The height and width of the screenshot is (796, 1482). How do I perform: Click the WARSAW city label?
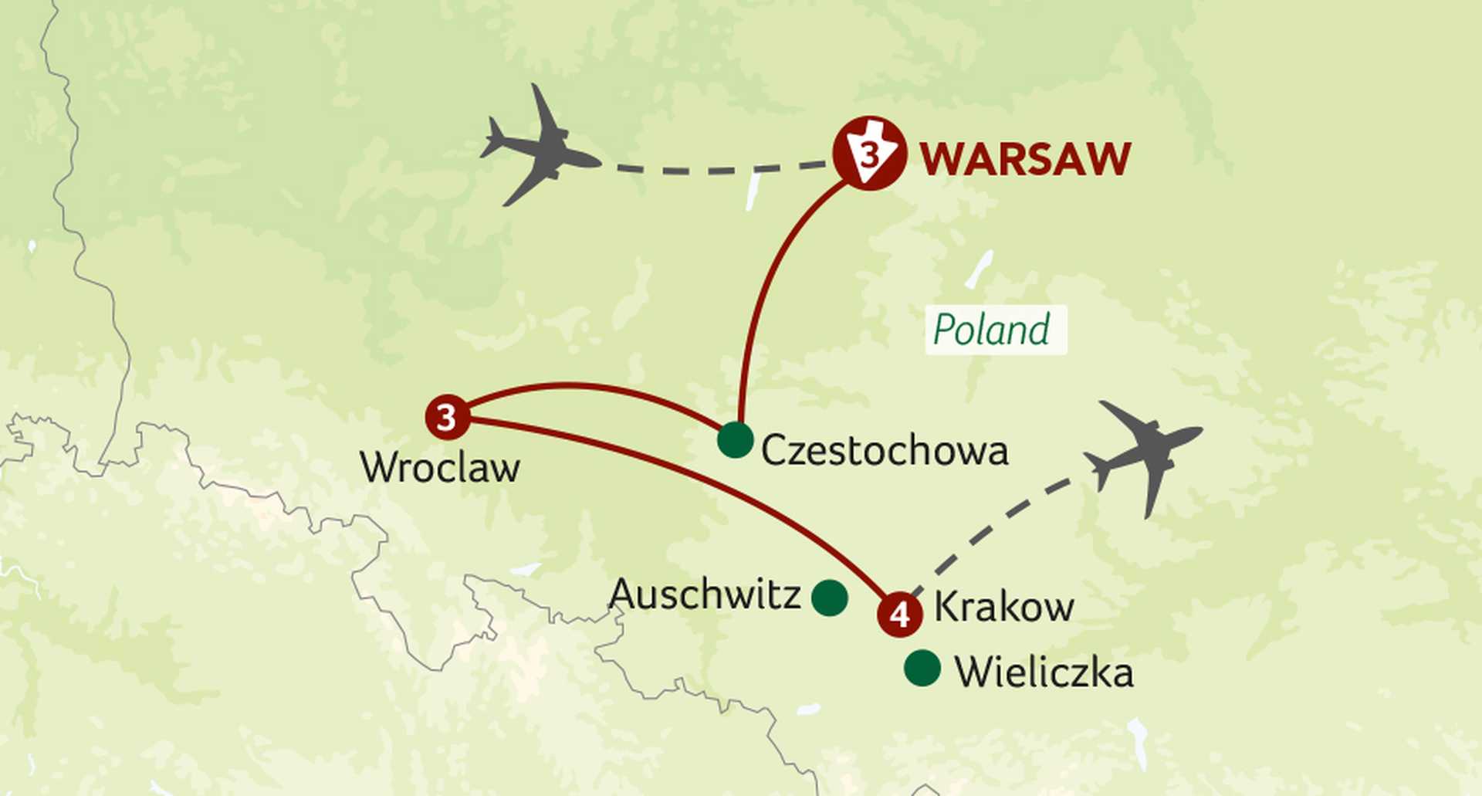coord(1025,159)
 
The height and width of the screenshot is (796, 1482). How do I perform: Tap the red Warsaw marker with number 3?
coord(870,154)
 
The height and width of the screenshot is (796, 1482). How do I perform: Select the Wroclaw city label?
coord(440,468)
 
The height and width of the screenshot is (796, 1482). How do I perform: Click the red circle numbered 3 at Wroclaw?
coord(448,418)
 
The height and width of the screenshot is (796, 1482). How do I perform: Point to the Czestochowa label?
coord(885,451)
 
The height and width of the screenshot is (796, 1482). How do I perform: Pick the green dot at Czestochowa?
coord(735,440)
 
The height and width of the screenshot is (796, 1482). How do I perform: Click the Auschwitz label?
coord(704,594)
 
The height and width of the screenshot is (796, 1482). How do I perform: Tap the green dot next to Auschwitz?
coord(830,598)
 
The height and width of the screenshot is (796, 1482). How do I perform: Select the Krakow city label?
coord(1003,607)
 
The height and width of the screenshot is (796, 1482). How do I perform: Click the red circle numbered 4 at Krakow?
coord(900,615)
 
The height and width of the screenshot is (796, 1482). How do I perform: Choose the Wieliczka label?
coord(1044,672)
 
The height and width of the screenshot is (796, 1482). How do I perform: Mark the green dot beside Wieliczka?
coord(922,669)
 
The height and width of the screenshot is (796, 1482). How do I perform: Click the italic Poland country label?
coord(992,330)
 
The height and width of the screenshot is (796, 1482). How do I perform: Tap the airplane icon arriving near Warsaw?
coord(540,148)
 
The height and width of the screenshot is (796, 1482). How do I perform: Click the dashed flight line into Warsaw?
coord(718,170)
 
